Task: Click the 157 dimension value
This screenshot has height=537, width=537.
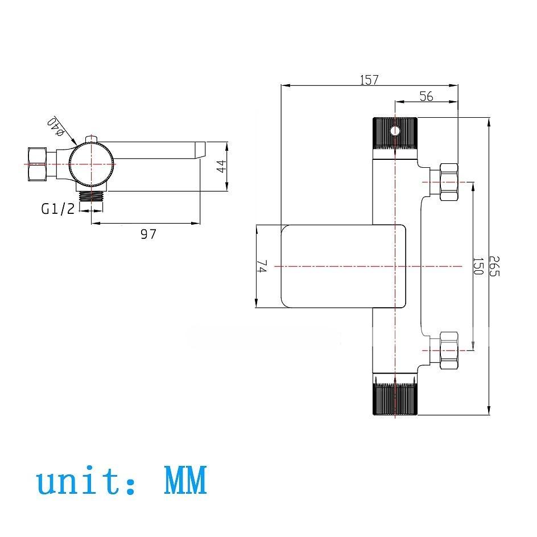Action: click(x=369, y=80)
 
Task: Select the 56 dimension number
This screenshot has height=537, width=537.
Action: click(x=427, y=96)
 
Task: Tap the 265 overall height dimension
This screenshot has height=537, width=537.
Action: click(x=494, y=266)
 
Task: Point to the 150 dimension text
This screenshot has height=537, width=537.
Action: click(x=478, y=266)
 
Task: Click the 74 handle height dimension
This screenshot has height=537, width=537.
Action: click(x=261, y=266)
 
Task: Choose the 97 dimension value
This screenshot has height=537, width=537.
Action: click(x=148, y=234)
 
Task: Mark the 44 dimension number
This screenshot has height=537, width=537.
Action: click(x=222, y=167)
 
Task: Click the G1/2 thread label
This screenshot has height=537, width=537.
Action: click(x=58, y=208)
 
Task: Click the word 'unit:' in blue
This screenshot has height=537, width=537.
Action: click(x=86, y=481)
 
